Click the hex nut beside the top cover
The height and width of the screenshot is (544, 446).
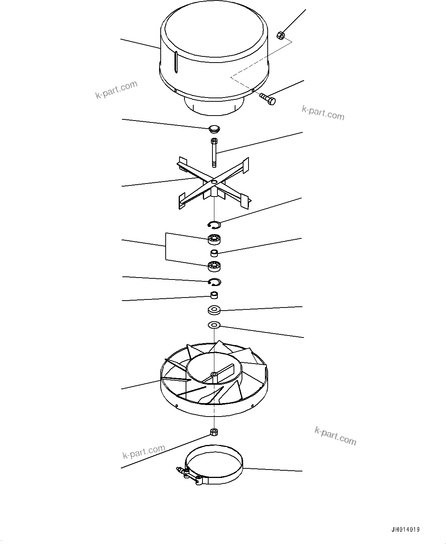click(280, 36)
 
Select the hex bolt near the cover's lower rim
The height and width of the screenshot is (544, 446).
click(268, 98)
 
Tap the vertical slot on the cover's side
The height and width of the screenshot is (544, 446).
click(176, 62)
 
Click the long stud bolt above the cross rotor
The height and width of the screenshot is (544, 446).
click(214, 153)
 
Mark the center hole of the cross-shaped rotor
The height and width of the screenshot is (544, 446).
click(214, 181)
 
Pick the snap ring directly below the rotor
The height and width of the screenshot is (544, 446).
click(214, 224)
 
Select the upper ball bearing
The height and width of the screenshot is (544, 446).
click(215, 240)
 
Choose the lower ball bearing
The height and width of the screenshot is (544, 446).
click(214, 266)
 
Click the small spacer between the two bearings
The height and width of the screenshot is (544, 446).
click(214, 253)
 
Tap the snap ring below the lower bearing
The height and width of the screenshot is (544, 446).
click(214, 282)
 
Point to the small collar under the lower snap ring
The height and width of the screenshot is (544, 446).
click(214, 296)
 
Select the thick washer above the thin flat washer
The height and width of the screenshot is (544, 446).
click(214, 309)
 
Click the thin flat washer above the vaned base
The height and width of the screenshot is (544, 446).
click(214, 325)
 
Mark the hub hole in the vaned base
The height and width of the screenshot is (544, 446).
click(214, 374)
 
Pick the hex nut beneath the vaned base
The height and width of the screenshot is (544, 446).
click(214, 432)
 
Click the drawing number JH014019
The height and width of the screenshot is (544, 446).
click(405, 530)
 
